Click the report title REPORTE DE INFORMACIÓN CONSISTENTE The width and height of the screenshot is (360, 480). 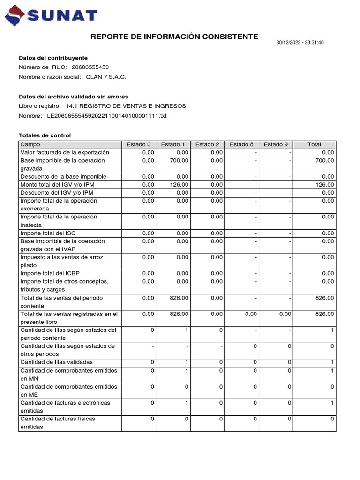pyautogui.click(x=174, y=37)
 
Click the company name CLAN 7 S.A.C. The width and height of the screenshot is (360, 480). pyautogui.click(x=106, y=77)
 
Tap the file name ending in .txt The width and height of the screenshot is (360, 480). pyautogui.click(x=107, y=115)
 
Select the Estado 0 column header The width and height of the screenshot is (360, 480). pyautogui.click(x=139, y=144)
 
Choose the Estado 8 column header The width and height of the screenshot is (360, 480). pyautogui.click(x=241, y=144)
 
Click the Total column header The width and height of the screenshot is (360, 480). pyautogui.click(x=314, y=144)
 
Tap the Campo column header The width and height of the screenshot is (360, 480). pyautogui.click(x=30, y=144)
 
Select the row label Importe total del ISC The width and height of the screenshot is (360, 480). pyautogui.click(x=49, y=233)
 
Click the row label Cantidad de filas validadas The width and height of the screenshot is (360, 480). pyautogui.click(x=56, y=362)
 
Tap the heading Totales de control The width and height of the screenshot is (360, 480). pyautogui.click(x=45, y=135)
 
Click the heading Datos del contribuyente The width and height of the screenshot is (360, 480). pyautogui.click(x=53, y=58)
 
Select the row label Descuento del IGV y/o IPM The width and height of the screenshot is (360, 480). pyautogui.click(x=57, y=193)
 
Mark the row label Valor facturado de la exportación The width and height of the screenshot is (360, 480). pyautogui.click(x=65, y=152)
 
